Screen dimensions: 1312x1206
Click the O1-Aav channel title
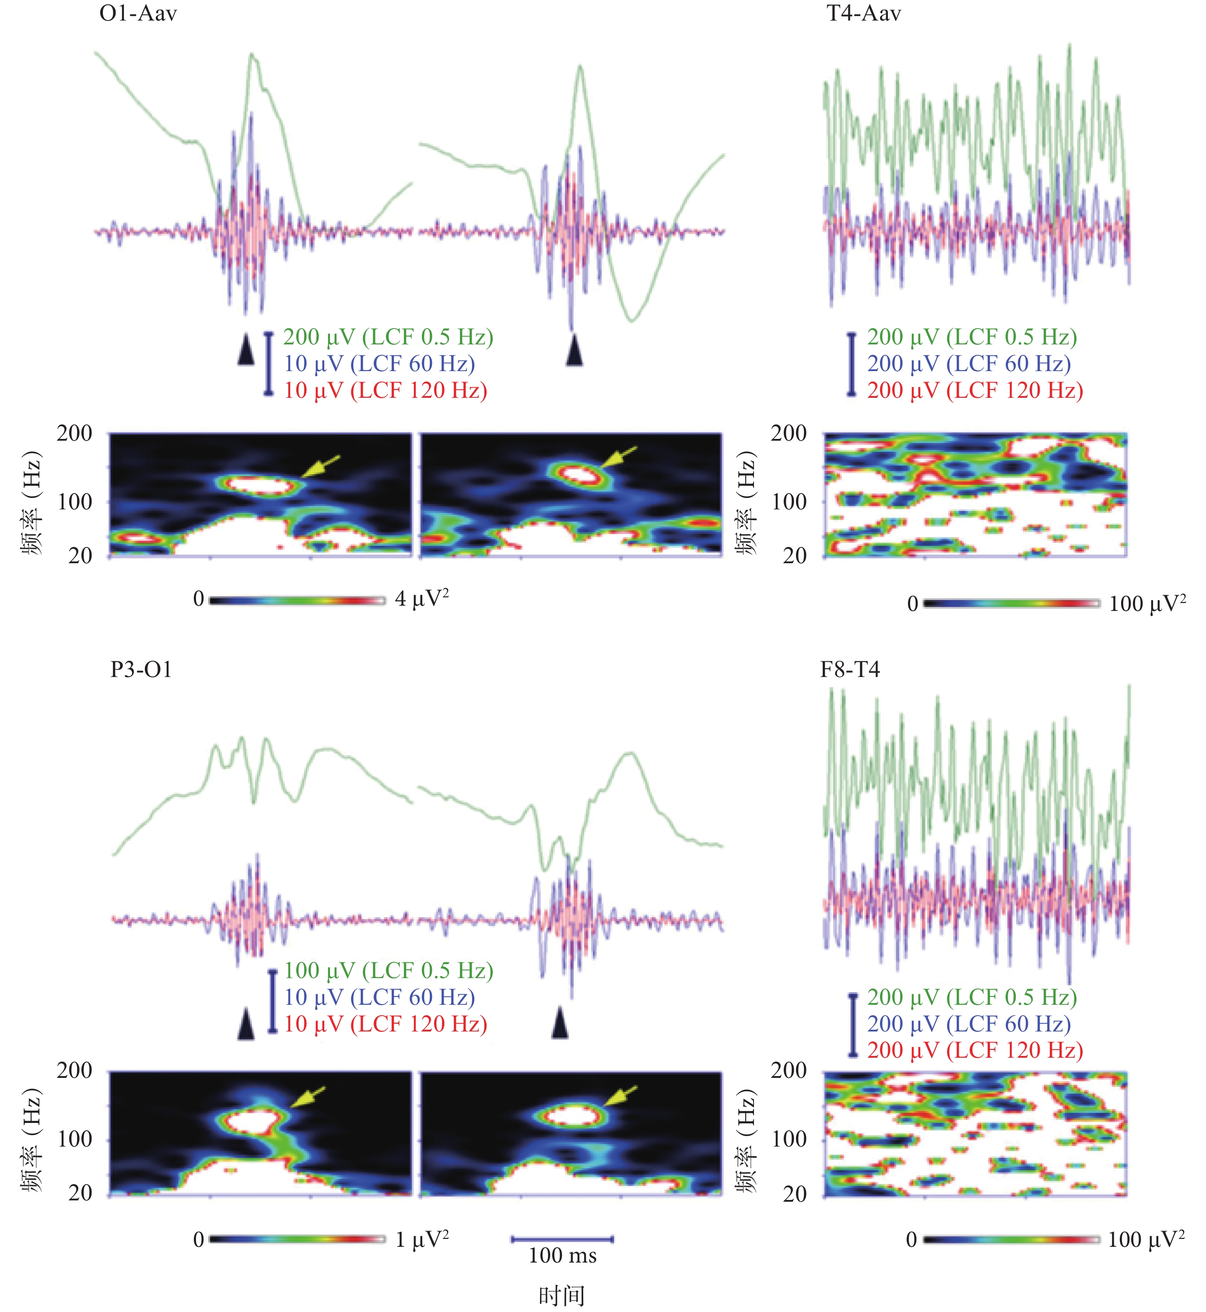pos(138,14)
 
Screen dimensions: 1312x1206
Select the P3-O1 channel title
pos(141,670)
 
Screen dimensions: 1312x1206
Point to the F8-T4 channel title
pos(850,670)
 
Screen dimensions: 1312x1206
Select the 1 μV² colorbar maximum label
pos(421,1238)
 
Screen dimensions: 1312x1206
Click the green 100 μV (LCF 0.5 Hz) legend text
pos(388,971)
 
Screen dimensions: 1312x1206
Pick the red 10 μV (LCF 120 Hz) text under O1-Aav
pos(385,390)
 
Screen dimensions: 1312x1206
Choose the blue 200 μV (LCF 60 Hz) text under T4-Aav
pos(968,364)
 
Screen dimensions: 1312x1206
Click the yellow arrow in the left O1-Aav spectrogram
pos(321,466)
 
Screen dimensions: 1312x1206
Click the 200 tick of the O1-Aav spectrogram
pos(74,433)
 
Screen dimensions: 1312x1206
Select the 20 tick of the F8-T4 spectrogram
pos(794,1194)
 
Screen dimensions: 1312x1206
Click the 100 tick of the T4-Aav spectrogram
pos(789,502)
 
